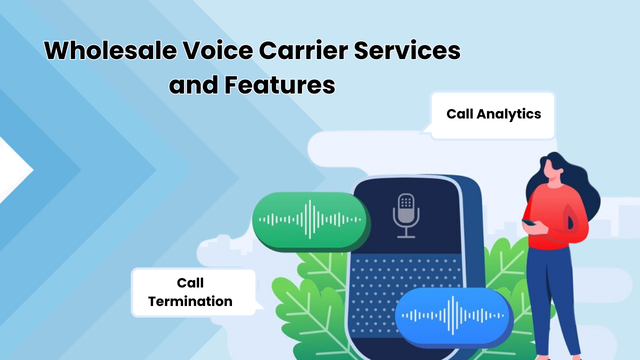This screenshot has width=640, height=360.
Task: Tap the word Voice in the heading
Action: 213,51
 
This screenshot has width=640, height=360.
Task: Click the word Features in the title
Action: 279,85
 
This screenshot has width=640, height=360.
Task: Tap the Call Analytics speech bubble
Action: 493,114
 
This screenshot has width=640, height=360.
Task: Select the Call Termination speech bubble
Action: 192,292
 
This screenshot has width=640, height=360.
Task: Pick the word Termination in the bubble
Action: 190,301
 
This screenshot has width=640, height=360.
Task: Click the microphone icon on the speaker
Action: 405,215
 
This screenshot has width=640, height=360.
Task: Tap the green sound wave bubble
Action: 310,220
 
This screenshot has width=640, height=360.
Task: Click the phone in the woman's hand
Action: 528,222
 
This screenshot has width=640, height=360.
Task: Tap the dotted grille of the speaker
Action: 380,280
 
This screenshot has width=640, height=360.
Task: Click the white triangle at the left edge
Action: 12,170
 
